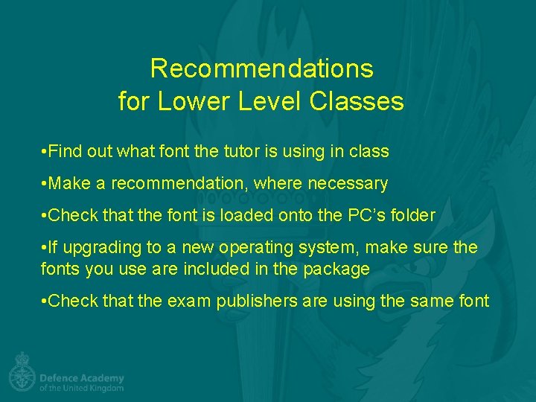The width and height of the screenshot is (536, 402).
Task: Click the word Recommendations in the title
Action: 261,68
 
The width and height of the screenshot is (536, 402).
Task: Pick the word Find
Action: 68,151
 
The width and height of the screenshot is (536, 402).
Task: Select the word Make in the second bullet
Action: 70,183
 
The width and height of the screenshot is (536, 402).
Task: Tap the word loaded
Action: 252,215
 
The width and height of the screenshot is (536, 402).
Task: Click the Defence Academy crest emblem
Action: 22,371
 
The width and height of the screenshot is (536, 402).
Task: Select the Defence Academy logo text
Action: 81,378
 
